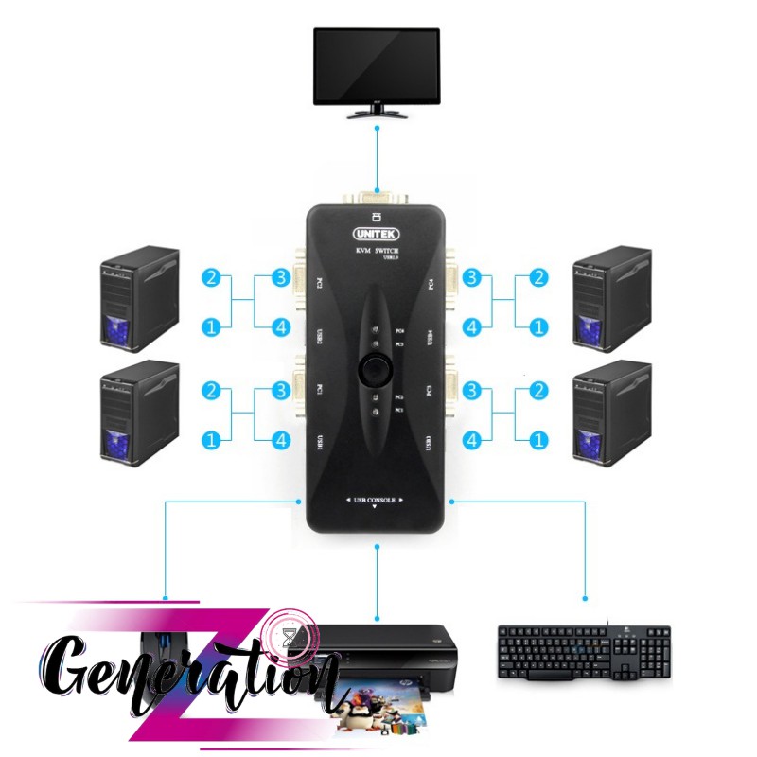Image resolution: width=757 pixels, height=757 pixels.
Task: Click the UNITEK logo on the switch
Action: click(x=377, y=232)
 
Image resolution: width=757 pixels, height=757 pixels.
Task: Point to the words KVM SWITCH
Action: click(x=376, y=249)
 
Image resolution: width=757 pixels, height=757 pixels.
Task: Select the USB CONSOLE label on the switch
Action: click(x=376, y=499)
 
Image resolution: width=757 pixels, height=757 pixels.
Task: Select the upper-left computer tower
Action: click(x=139, y=296)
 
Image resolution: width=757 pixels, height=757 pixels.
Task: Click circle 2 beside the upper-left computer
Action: click(x=212, y=278)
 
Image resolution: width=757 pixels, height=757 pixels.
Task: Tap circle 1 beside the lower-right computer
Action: click(x=539, y=440)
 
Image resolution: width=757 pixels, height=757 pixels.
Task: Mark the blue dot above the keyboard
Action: click(x=585, y=599)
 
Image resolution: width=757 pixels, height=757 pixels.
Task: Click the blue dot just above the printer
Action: click(x=378, y=612)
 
